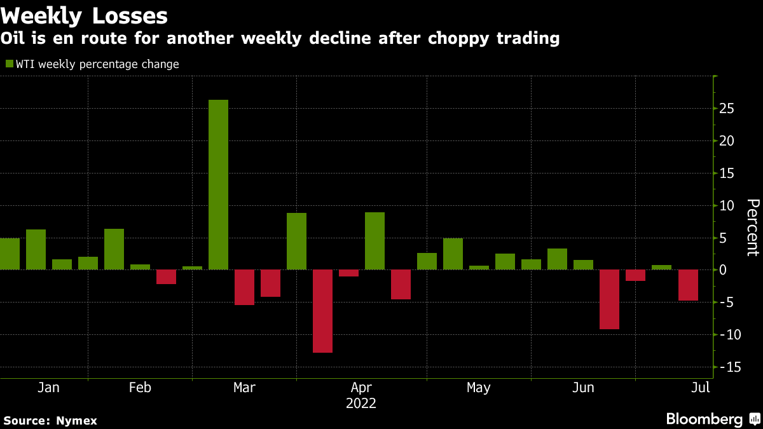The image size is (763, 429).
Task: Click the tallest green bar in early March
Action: [x=218, y=184]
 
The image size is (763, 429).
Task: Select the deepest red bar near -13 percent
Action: [x=322, y=311]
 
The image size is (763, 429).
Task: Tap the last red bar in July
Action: [x=688, y=285]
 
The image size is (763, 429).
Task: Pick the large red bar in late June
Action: [x=610, y=299]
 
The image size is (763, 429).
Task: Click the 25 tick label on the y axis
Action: [x=727, y=109]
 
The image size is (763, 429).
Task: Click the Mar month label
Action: [x=244, y=388]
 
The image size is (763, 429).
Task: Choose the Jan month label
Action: [x=48, y=388]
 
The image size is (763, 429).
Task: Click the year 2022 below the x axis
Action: [x=361, y=404]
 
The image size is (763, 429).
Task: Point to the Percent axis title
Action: [x=753, y=228]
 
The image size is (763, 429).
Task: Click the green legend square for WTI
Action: [x=9, y=64]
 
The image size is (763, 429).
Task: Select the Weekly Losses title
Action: [x=85, y=15]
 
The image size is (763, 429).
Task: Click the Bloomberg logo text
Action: [x=704, y=419]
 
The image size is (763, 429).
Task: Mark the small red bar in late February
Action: [x=166, y=276]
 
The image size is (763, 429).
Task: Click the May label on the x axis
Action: [x=478, y=388]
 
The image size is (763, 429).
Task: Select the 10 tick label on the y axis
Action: [x=727, y=205]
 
